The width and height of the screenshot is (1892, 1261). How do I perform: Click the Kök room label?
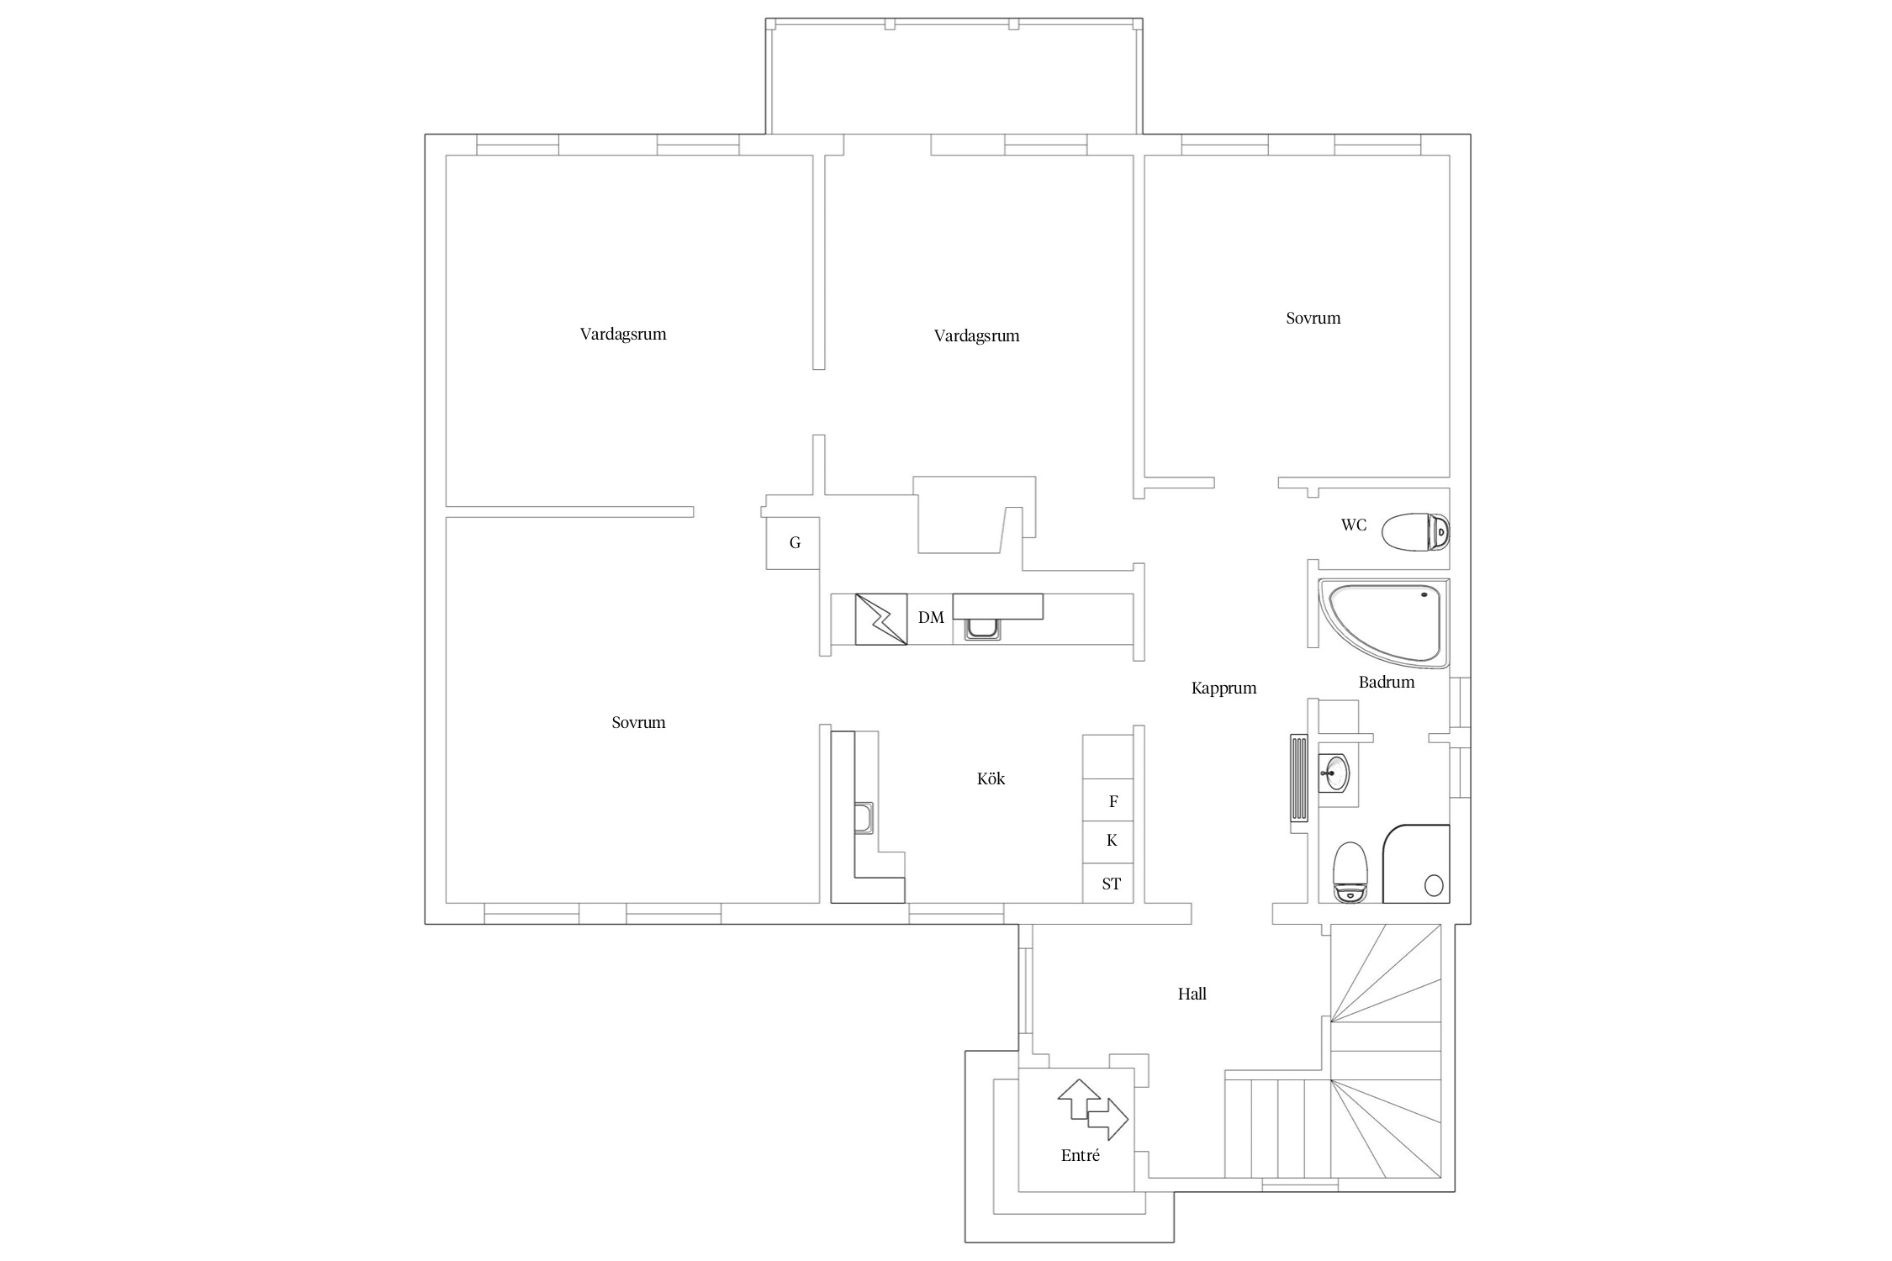991,778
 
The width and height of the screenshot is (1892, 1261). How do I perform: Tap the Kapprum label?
1223,689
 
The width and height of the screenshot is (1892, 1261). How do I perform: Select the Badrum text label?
1387,682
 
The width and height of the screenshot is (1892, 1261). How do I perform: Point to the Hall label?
1192,994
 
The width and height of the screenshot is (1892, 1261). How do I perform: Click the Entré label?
1081,1155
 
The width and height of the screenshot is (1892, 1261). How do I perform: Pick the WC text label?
1354,525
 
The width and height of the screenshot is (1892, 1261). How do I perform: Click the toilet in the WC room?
1416,531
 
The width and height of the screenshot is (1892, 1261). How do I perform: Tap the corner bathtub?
1384,622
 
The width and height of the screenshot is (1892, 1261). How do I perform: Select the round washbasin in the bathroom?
1334,772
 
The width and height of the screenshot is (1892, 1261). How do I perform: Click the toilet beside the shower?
1350,872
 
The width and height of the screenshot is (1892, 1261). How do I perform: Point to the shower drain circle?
1434,884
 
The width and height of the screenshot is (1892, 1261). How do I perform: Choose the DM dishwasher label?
931,617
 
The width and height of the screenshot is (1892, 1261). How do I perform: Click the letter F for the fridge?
1113,801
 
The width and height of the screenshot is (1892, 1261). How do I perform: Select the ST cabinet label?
1111,884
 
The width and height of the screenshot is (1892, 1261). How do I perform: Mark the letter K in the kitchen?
1112,840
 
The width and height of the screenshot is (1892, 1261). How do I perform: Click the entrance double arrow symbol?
1092,1109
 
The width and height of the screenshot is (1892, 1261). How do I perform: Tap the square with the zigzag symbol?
881,620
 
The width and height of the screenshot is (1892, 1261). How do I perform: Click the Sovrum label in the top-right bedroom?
1313,318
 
